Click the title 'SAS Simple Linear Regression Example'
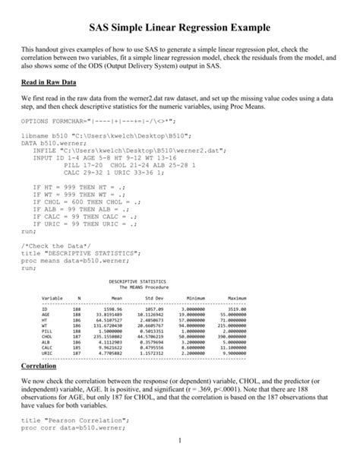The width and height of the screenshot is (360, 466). [x=179, y=28]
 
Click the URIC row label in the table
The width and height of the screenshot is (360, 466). [x=47, y=353]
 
